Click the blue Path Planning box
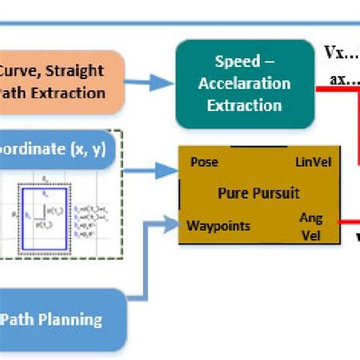61,319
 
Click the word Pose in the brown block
204,162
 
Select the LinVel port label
308,163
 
